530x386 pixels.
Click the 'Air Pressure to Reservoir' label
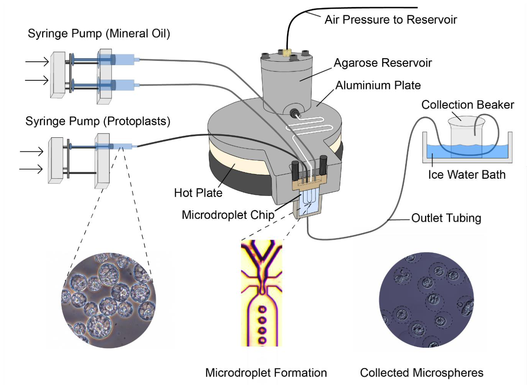pos(391,20)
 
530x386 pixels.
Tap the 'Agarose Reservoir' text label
pos(383,63)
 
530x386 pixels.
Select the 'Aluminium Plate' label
pos(378,85)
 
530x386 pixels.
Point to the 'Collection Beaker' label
pos(468,105)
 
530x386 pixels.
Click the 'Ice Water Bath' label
pos(467,175)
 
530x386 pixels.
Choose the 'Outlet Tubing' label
pos(446,218)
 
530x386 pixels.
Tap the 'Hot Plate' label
pos(198,193)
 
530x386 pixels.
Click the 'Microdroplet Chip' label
pos(228,215)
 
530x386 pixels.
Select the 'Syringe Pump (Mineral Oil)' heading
pos(99,34)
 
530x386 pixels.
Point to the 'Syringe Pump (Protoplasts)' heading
pos(98,121)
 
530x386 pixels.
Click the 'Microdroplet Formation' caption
pos(266,373)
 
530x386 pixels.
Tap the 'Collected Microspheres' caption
pos(422,373)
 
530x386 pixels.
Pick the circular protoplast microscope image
pos(108,301)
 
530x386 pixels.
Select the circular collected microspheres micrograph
pos(426,300)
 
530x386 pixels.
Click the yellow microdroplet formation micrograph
pos(261,293)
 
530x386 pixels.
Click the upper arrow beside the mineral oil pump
pos(37,62)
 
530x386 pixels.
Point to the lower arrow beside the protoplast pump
pos(31,169)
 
